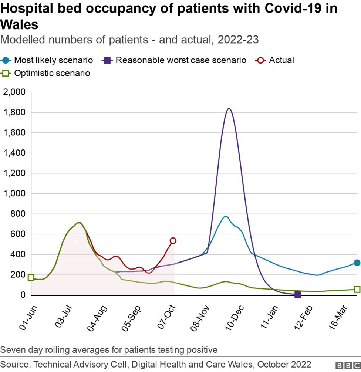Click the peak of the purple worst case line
click(229, 109)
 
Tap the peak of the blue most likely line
click(226, 216)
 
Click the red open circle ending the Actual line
click(173, 241)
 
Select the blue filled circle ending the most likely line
click(357, 263)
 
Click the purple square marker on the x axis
click(298, 294)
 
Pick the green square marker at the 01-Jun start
click(31, 277)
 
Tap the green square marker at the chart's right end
click(357, 289)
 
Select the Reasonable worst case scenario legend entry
click(176, 60)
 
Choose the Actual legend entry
click(276, 60)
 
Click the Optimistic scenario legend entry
click(47, 73)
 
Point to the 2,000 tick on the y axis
click(14, 92)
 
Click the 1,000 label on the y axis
click(14, 193)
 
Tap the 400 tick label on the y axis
click(18, 254)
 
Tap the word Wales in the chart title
click(19, 25)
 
